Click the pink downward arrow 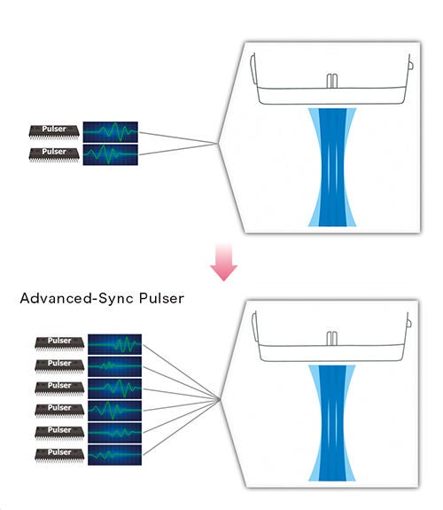(223, 262)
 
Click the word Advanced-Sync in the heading (77, 298)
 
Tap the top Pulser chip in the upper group (54, 132)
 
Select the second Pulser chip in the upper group (54, 154)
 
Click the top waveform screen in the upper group (111, 132)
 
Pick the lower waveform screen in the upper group (111, 154)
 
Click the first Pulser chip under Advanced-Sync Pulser (59, 344)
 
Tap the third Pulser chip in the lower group (59, 388)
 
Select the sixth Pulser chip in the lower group (59, 455)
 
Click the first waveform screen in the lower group (114, 344)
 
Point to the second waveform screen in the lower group (114, 366)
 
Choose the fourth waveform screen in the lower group (114, 412)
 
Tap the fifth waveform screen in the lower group (114, 433)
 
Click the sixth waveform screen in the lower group (114, 455)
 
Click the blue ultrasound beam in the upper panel (332, 167)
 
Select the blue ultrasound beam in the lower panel (332, 423)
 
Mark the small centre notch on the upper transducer (332, 81)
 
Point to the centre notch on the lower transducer (331, 339)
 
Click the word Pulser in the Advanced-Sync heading (161, 298)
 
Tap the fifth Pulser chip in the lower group (59, 433)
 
